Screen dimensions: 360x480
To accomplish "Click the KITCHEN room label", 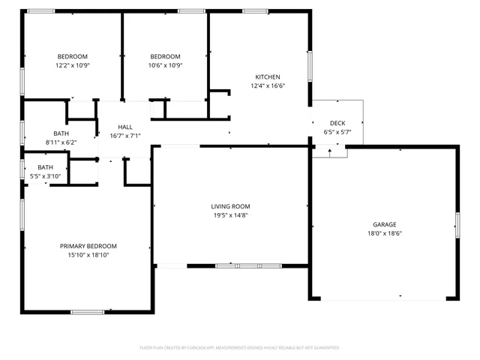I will click(268, 77).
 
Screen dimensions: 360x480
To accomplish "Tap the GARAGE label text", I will click(385, 224).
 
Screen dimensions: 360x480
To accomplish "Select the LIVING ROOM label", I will click(230, 206).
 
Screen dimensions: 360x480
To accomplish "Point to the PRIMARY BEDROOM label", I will click(88, 246).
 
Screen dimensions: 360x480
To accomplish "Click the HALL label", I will click(115, 127).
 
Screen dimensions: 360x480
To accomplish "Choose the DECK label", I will click(337, 123).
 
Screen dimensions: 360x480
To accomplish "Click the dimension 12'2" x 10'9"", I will click(73, 65).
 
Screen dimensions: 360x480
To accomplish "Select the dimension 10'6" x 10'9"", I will click(165, 65).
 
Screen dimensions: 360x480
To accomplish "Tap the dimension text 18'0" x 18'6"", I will click(385, 233).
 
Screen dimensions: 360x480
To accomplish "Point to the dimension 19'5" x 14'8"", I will click(230, 215).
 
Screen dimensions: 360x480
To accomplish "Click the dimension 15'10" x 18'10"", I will click(88, 255).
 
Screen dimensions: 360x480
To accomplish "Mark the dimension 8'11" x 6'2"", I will click(61, 142).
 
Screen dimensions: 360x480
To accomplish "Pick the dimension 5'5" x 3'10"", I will click(46, 176).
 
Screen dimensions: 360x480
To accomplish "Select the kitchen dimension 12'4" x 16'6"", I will click(268, 86).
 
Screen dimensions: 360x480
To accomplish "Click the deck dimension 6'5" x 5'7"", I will click(337, 132).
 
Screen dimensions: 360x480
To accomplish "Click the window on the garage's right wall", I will click(457, 224).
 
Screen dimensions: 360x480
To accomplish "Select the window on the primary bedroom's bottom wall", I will click(87, 311).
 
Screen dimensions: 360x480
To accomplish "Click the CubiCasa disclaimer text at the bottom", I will click(240, 348).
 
